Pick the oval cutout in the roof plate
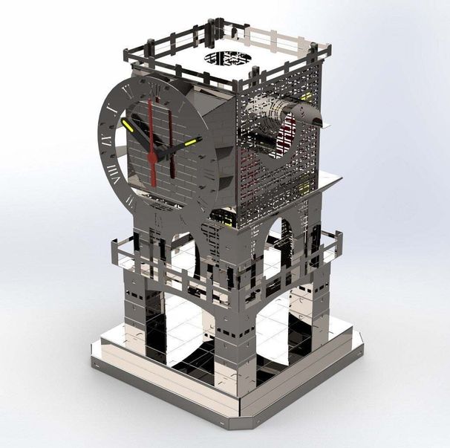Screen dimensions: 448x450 [x=227, y=57]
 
